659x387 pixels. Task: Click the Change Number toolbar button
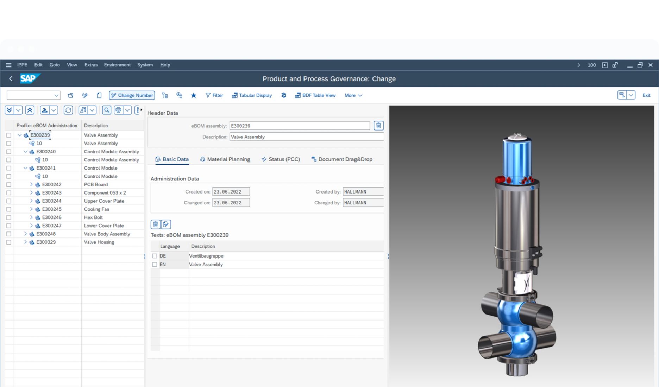[x=132, y=95]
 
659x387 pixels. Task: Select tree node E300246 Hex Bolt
[x=52, y=217]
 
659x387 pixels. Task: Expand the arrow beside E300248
[x=25, y=234]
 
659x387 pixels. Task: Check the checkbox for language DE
[x=155, y=256]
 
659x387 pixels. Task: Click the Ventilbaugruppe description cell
[x=206, y=256]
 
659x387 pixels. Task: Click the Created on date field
[x=231, y=192]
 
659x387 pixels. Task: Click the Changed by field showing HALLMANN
[x=363, y=203]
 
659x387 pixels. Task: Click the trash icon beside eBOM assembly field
[x=378, y=126]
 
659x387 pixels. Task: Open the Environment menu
[x=117, y=65]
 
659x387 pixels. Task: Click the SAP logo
[x=30, y=78]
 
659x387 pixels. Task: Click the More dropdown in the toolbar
[x=353, y=95]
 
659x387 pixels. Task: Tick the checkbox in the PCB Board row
[x=9, y=185]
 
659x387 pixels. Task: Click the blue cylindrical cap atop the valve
[x=516, y=158]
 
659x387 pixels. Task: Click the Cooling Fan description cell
[x=97, y=209]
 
